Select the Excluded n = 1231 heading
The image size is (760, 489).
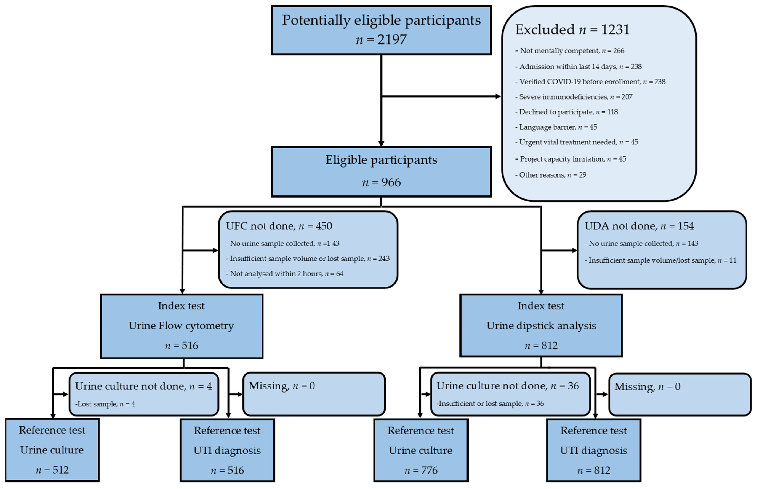(x=572, y=29)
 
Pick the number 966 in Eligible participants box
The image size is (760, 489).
(x=391, y=182)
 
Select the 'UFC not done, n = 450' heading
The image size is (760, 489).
(x=279, y=226)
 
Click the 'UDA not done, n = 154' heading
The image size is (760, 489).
(x=639, y=226)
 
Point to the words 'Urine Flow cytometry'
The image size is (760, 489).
(x=181, y=326)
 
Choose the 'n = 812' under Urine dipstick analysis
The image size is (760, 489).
(x=541, y=346)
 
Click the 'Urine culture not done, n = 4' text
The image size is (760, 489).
(x=143, y=386)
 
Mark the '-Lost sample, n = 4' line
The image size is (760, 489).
(x=105, y=404)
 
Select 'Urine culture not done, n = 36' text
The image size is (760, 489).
(x=508, y=386)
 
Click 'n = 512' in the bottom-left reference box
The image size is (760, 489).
(x=52, y=470)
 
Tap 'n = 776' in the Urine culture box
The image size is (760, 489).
(x=421, y=470)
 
